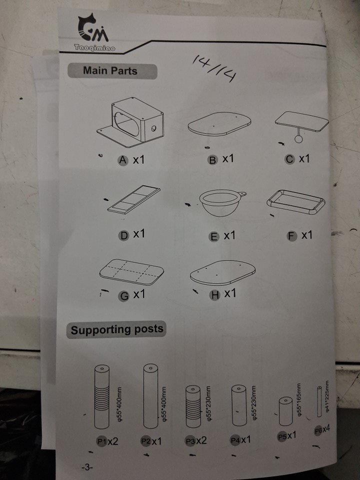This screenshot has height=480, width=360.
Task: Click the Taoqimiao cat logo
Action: [93, 28]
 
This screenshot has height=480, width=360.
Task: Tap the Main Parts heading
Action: [110, 70]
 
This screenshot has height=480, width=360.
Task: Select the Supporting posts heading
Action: [117, 329]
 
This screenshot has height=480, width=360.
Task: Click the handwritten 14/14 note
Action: [215, 69]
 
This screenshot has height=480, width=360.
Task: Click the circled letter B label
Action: [212, 160]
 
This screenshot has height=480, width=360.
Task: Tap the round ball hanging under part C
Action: [299, 138]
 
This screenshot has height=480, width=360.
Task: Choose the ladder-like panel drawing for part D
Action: [134, 199]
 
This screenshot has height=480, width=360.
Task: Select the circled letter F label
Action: [291, 236]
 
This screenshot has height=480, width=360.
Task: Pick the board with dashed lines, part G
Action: [131, 272]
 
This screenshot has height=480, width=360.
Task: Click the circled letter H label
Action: [214, 295]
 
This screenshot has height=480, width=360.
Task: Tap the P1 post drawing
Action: [101, 396]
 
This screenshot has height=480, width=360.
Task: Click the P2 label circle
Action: [145, 441]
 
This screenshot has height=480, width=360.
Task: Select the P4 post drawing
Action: [239, 405]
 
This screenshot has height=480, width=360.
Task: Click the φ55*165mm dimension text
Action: [300, 399]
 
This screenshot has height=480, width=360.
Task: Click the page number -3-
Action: [87, 467]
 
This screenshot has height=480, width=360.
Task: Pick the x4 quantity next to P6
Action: [326, 429]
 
